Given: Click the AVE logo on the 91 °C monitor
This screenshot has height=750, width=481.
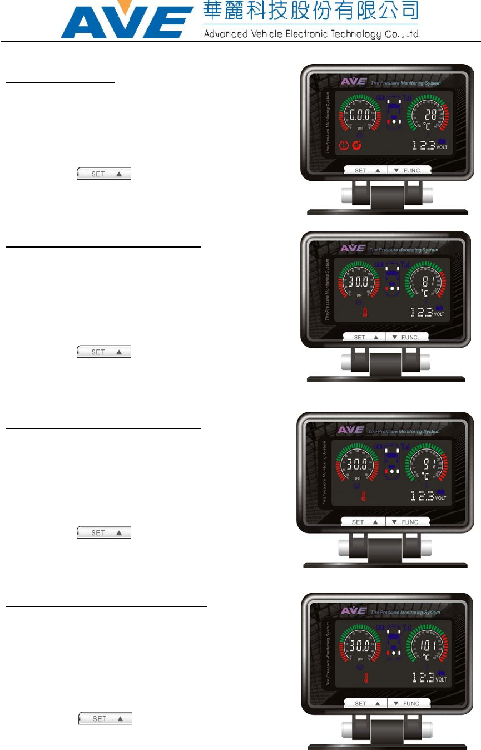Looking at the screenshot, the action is click(x=351, y=430).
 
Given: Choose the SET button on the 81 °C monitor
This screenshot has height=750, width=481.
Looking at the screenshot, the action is click(x=365, y=337).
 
